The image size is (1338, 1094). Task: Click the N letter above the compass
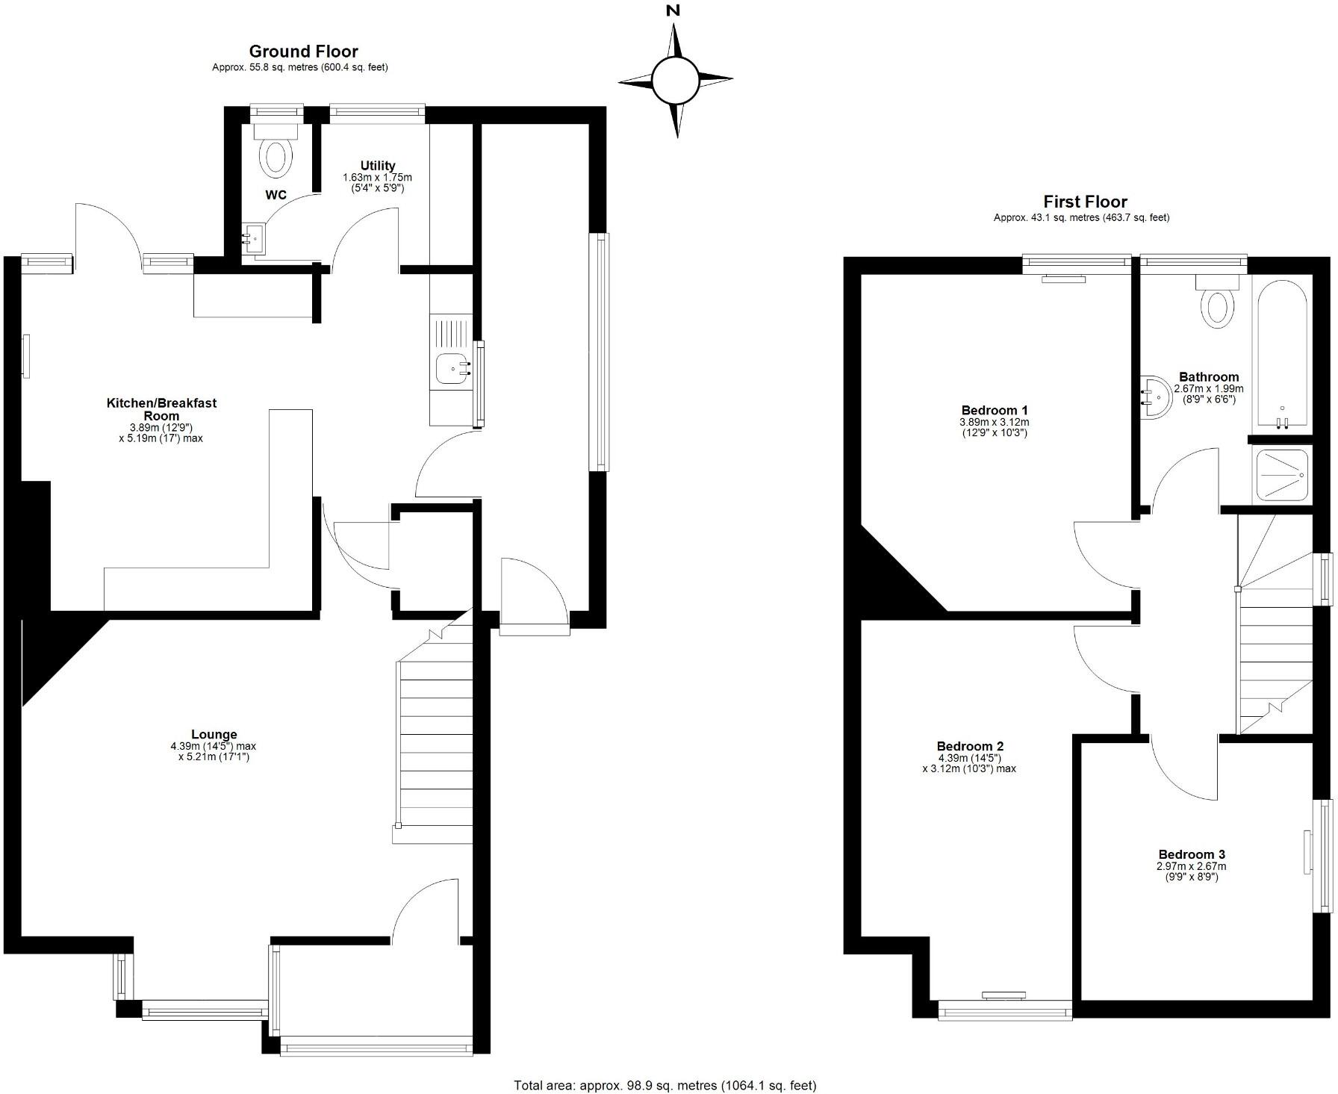(x=673, y=10)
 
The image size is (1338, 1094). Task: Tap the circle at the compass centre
(x=676, y=79)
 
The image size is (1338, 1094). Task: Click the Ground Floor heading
(x=303, y=52)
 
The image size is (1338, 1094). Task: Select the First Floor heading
(x=1085, y=202)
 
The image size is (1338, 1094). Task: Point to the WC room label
(x=276, y=196)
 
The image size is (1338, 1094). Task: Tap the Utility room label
(x=377, y=166)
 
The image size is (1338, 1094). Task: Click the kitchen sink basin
(x=452, y=368)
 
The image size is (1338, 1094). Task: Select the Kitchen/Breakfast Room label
(x=161, y=409)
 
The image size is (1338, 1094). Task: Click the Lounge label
(x=214, y=735)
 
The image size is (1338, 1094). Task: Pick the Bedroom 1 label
(x=994, y=410)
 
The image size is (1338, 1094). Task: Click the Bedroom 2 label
(x=970, y=746)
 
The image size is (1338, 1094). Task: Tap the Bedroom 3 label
(x=1191, y=854)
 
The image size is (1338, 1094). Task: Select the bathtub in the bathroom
(x=1281, y=355)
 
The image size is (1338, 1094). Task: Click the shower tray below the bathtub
(x=1282, y=474)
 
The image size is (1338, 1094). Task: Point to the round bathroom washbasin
(x=1153, y=396)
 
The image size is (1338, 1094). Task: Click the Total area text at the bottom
(x=665, y=1085)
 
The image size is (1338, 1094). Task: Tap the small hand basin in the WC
(x=252, y=240)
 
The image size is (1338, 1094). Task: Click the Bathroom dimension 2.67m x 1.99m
(x=1208, y=389)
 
